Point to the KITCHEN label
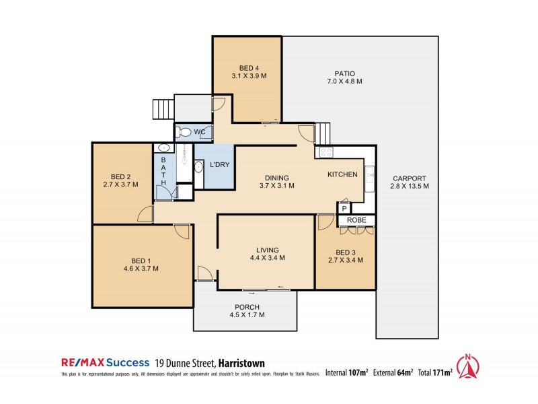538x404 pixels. [342, 174]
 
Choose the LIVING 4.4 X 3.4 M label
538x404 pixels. [267, 253]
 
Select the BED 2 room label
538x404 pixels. [120, 180]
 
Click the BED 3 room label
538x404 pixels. [345, 257]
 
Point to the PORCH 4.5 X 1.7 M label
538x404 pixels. [247, 310]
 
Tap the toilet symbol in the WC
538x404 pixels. [184, 132]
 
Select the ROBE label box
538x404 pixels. [356, 220]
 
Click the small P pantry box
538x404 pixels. [344, 209]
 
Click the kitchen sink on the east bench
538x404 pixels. [369, 176]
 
